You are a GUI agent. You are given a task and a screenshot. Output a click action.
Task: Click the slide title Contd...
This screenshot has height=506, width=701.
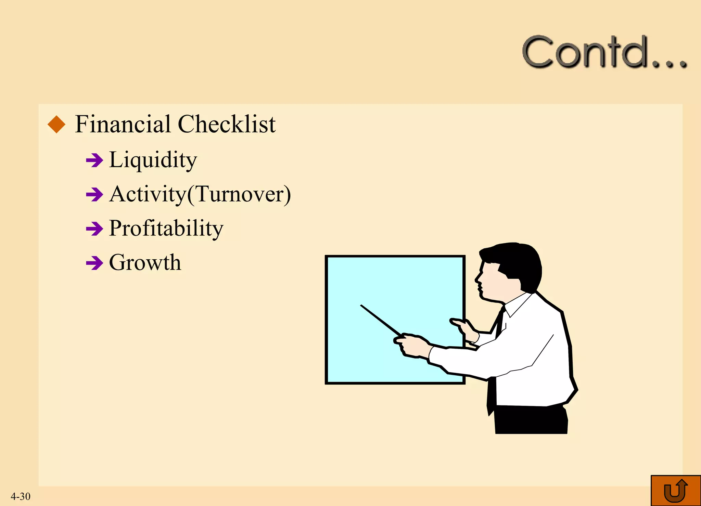pos(604,52)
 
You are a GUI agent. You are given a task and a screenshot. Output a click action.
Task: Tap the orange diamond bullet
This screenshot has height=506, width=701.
pos(56,124)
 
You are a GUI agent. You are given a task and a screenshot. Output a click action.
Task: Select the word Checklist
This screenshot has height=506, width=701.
pos(227,124)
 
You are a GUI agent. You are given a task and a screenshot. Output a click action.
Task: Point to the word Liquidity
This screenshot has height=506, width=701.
pos(153,160)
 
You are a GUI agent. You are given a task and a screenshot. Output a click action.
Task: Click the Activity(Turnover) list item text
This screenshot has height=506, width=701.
pos(200,194)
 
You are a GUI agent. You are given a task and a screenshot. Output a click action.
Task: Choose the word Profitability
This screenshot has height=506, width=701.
pos(166,228)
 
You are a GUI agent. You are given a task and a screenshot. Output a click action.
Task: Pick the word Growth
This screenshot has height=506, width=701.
pos(145,263)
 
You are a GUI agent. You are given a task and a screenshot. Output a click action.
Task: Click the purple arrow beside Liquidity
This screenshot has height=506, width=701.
pos(94,160)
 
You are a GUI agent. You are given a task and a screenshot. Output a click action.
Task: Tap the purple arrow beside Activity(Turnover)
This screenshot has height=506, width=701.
pos(94,195)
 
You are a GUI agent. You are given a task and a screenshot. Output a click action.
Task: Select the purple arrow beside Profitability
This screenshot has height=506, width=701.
pos(94,229)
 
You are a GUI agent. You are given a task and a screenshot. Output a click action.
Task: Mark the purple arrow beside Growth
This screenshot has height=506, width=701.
pos(94,263)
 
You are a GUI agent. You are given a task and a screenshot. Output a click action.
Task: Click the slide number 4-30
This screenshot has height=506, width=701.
pos(21,496)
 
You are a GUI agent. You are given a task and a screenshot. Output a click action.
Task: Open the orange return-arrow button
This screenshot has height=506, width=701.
pos(676,490)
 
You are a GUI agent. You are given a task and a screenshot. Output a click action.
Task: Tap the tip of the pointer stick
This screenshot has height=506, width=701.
pos(361,306)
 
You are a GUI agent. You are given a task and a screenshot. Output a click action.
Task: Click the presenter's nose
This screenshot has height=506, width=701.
pos(477,279)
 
